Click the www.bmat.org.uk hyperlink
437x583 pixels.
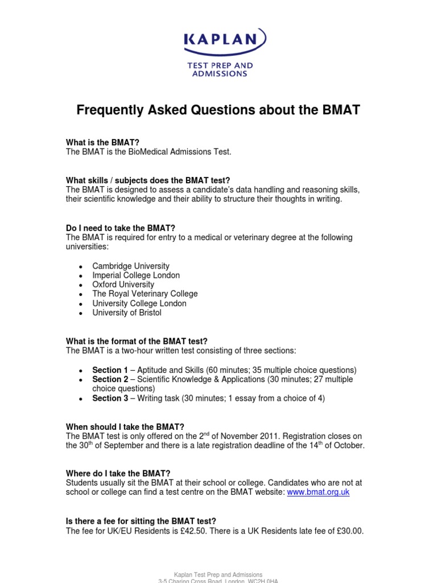point(318,492)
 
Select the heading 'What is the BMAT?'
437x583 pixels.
point(102,142)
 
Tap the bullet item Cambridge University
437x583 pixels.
point(131,266)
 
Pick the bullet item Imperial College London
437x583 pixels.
point(136,275)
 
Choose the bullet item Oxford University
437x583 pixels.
point(123,284)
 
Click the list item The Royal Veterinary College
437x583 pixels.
point(145,294)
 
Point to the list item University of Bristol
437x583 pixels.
point(127,313)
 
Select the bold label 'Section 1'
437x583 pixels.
point(110,370)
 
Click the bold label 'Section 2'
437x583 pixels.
point(110,379)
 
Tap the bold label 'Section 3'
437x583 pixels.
point(110,399)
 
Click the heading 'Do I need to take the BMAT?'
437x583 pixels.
point(121,228)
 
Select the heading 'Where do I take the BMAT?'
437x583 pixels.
point(118,473)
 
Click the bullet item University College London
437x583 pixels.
point(139,303)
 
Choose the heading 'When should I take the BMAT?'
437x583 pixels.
point(125,426)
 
